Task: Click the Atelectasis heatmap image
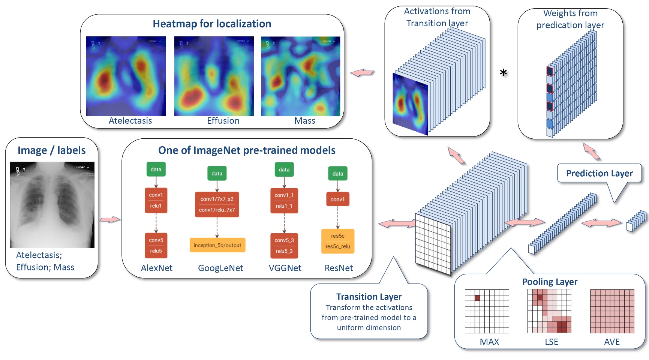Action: tap(126, 76)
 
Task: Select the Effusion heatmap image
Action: tap(214, 76)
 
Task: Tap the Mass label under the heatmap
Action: tap(304, 121)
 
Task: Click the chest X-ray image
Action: tap(52, 205)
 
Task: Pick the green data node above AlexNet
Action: tap(156, 169)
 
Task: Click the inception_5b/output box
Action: tap(217, 245)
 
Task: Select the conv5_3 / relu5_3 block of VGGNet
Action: tap(284, 246)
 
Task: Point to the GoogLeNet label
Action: tap(220, 268)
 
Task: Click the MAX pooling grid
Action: tap(487, 311)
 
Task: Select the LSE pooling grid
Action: tap(549, 311)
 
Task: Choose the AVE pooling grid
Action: tap(612, 311)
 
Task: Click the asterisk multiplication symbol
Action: tap(504, 72)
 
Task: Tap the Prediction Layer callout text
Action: tap(599, 173)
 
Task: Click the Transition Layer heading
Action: tap(369, 297)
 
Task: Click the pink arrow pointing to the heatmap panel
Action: tap(362, 73)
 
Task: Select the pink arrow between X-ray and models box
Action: tap(110, 219)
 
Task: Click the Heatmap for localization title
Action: tap(212, 24)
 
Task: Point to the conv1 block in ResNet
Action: tap(337, 199)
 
